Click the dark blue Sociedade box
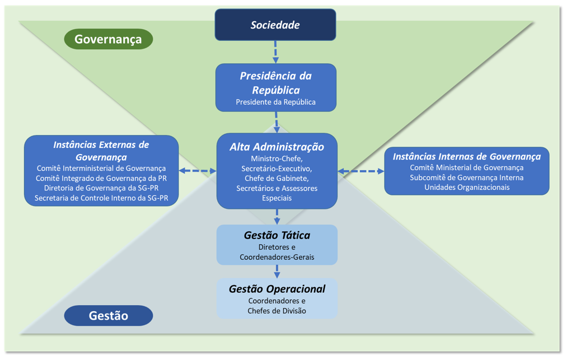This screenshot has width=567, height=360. pos(275,25)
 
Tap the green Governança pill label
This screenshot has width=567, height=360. pos(108,39)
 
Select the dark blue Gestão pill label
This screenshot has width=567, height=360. pos(108,316)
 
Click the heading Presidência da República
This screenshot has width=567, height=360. pos(276,83)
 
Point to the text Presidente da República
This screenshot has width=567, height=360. pos(276,102)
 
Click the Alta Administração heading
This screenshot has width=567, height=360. pos(277,147)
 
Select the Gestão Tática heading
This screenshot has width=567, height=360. pos(277,235)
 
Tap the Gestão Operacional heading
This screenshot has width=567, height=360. pos(277,289)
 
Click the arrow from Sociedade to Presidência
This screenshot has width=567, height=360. pos(275,52)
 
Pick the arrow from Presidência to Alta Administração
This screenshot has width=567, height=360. pos(277,121)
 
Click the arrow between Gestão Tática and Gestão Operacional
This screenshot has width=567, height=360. pos(277,271)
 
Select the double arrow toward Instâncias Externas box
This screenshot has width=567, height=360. pos(198,171)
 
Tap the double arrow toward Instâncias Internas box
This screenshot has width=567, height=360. pos(361,171)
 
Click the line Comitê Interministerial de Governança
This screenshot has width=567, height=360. pos(101,168)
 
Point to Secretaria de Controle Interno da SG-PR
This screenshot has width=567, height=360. pos(101,198)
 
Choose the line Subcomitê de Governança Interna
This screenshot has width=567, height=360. pos(467,177)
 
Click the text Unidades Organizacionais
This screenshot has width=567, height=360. pos(467,188)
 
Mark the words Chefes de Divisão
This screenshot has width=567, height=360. pos(277,311)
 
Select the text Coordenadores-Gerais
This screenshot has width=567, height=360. pos(277,257)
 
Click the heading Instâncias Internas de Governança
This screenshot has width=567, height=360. pos(467,156)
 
